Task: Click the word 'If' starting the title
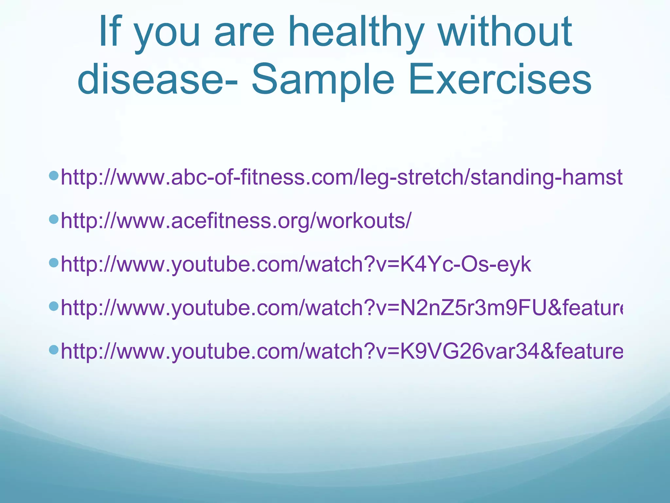click(110, 33)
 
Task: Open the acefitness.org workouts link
click(236, 221)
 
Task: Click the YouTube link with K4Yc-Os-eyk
click(296, 264)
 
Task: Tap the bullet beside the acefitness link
click(53, 219)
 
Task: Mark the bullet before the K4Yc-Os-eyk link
click(53, 262)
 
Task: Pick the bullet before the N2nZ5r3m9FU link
click(53, 306)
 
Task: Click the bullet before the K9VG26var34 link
click(53, 349)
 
